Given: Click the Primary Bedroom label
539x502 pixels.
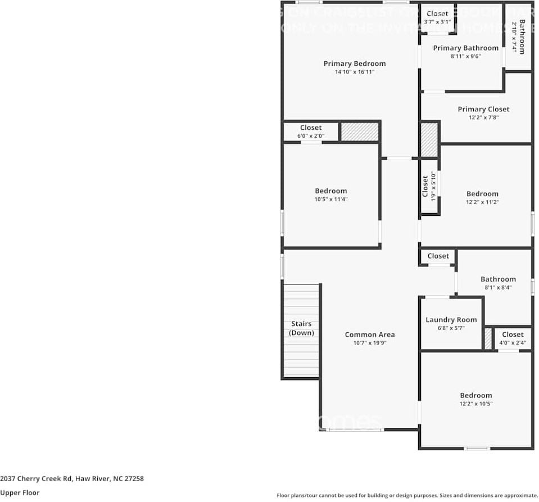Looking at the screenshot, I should [354, 64].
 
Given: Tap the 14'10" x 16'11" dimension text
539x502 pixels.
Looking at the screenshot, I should [354, 72].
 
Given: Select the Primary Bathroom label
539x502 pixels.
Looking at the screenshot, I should [465, 48].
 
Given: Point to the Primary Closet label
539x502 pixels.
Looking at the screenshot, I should [483, 109].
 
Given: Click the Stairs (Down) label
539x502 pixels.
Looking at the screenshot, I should [301, 328].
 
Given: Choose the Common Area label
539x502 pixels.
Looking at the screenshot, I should [369, 334].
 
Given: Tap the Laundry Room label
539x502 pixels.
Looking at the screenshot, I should [451, 320].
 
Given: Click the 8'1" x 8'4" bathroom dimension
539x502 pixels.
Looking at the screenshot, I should [497, 288].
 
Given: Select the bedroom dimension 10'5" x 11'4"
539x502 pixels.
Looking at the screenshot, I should [330, 199].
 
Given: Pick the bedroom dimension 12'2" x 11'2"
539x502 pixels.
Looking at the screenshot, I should [482, 202].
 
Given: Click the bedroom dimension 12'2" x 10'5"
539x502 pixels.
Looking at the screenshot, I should [475, 404].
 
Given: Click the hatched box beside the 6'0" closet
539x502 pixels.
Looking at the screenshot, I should [360, 132].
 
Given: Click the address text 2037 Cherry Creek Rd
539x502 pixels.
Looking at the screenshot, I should [72, 479].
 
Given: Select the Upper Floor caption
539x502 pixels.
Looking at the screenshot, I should [20, 492].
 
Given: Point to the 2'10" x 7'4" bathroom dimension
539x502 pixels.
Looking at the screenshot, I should [514, 37].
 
